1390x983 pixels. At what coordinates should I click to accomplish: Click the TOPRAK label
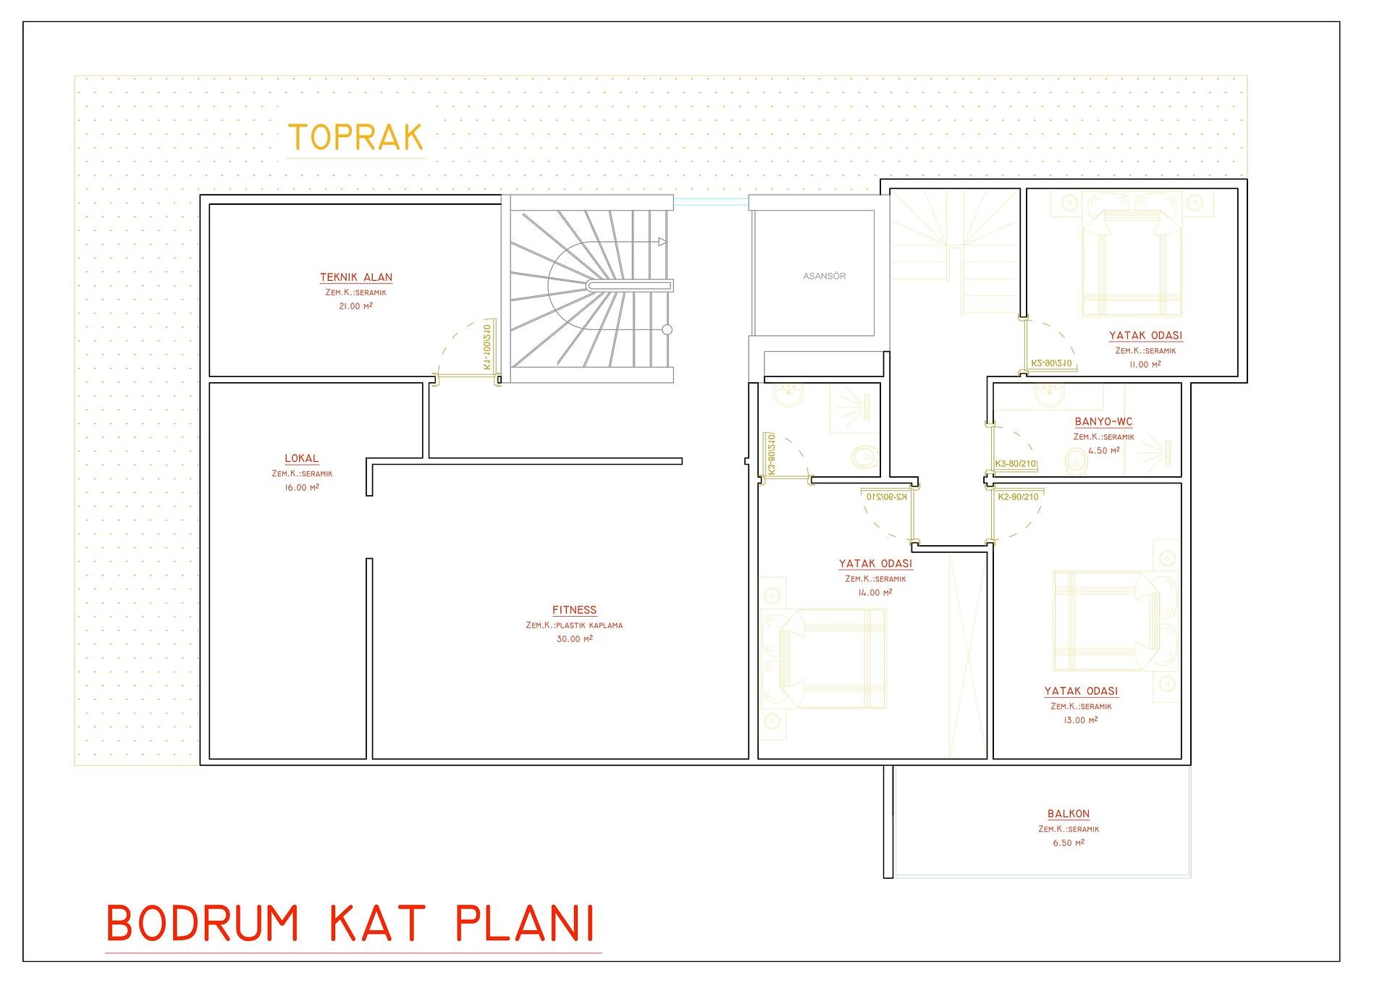(x=355, y=138)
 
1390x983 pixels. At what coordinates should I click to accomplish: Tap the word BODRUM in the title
(x=202, y=923)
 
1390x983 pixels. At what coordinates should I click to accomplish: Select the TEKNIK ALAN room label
(x=356, y=277)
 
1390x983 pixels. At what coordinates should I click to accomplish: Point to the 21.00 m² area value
(x=355, y=306)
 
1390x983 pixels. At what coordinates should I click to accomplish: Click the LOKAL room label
(x=302, y=458)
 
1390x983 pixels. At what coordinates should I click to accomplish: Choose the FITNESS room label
(x=574, y=610)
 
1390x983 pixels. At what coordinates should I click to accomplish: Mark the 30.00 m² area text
(x=574, y=639)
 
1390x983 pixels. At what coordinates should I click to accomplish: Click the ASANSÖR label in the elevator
(x=824, y=276)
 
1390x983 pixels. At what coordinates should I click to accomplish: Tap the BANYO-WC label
(x=1103, y=422)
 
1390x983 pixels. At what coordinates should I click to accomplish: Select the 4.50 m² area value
(x=1103, y=450)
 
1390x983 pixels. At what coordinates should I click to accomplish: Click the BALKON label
(x=1068, y=814)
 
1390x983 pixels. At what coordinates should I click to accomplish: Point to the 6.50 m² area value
(x=1068, y=843)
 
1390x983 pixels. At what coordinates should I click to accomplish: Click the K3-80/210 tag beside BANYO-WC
(x=1016, y=464)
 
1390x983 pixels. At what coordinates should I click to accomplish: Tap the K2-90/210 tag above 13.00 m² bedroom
(x=1017, y=497)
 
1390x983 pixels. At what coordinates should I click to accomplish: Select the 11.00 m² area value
(x=1145, y=364)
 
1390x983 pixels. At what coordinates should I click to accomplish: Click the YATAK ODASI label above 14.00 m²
(x=875, y=563)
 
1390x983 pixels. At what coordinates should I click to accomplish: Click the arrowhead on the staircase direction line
(x=662, y=242)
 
